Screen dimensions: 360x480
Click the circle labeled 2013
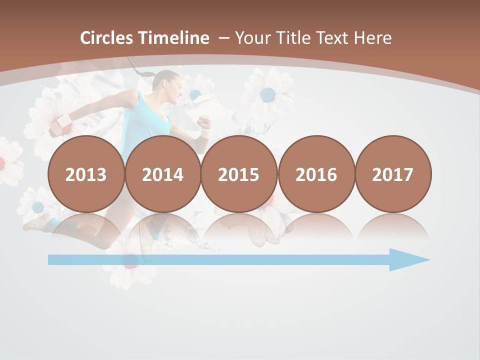pyautogui.click(x=86, y=174)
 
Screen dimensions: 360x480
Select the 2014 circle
pyautogui.click(x=163, y=174)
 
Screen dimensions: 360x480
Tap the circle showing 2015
pyautogui.click(x=239, y=174)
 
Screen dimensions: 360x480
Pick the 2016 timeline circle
pyautogui.click(x=316, y=174)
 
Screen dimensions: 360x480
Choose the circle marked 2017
pyautogui.click(x=393, y=174)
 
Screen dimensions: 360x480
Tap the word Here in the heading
pyautogui.click(x=373, y=38)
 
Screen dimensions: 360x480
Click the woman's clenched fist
pyautogui.click(x=203, y=121)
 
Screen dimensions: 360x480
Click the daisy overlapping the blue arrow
pyautogui.click(x=130, y=262)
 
